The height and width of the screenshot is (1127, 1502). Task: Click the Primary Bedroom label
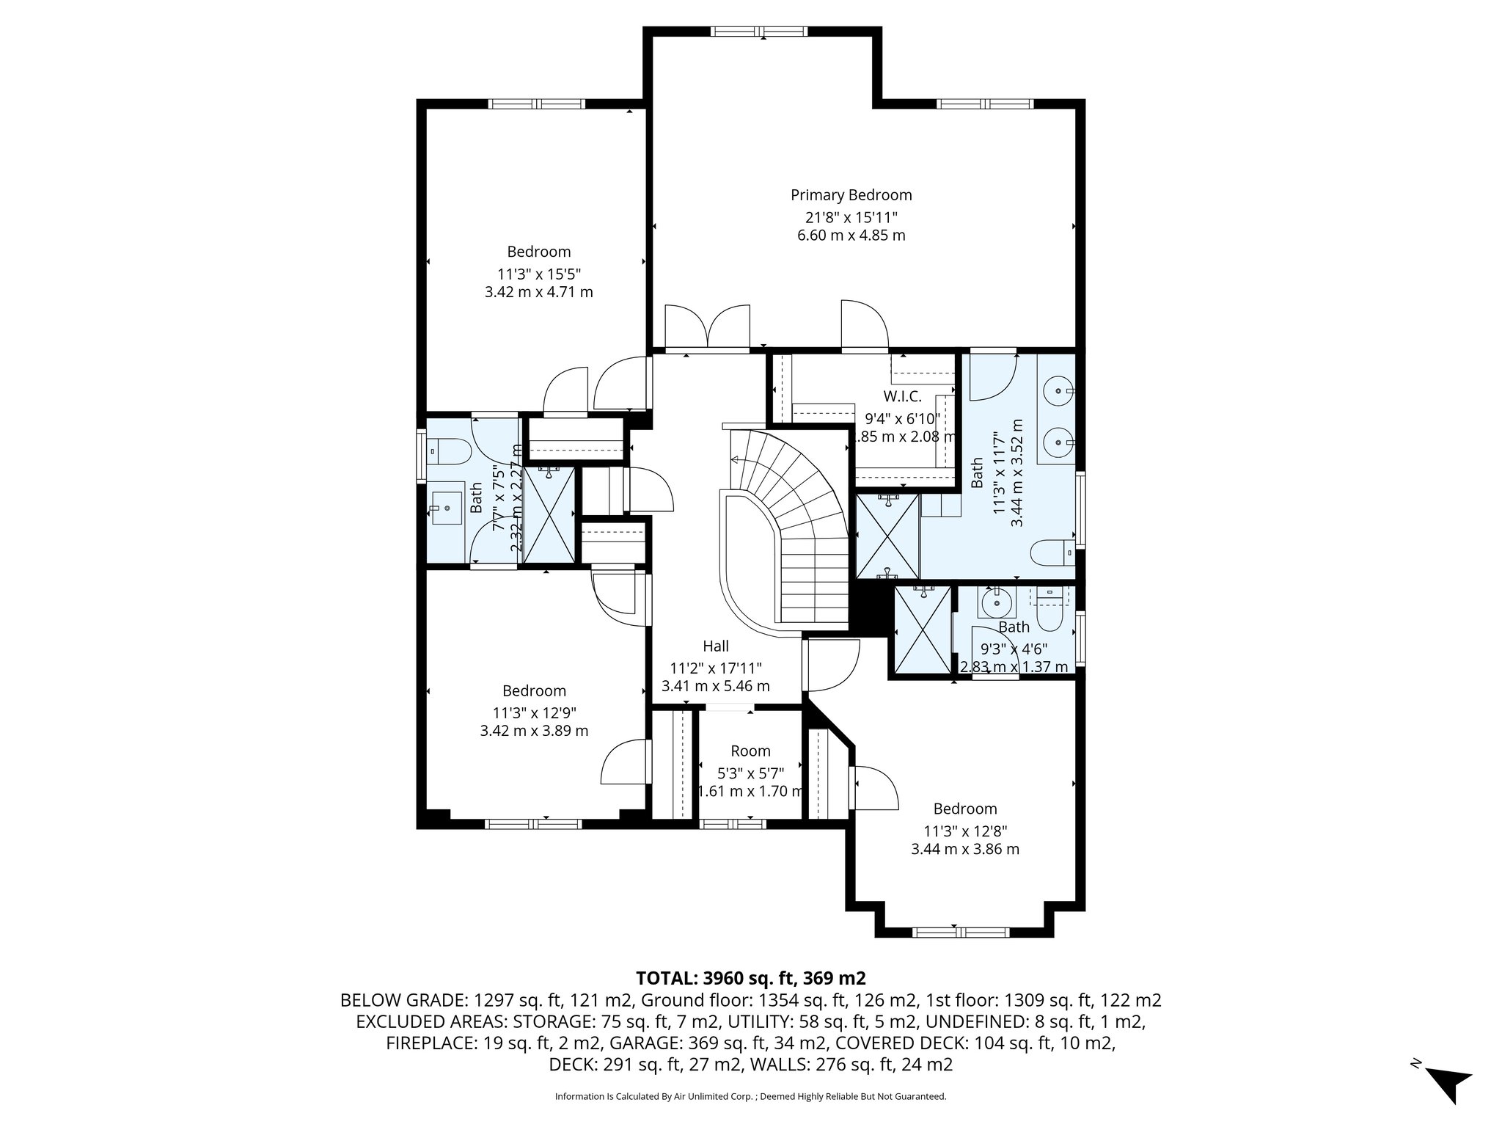click(x=851, y=195)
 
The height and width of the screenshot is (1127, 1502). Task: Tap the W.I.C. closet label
click(x=902, y=396)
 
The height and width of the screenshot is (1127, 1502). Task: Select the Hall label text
click(x=716, y=646)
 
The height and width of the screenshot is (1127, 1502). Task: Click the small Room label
click(x=750, y=751)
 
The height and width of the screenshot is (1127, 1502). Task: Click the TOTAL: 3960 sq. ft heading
click(x=750, y=978)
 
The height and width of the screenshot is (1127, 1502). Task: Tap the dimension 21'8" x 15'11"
click(x=851, y=217)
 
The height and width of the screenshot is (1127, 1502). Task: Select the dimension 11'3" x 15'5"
click(x=539, y=274)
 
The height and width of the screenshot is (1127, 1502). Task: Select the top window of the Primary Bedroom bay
click(x=760, y=31)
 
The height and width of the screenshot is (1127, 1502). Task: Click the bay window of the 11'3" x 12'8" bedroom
click(x=961, y=932)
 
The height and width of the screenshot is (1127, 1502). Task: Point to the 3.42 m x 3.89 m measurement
click(x=534, y=731)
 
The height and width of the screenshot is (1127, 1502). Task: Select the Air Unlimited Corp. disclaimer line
click(x=750, y=1096)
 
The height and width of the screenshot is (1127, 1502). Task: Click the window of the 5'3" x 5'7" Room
click(x=733, y=824)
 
